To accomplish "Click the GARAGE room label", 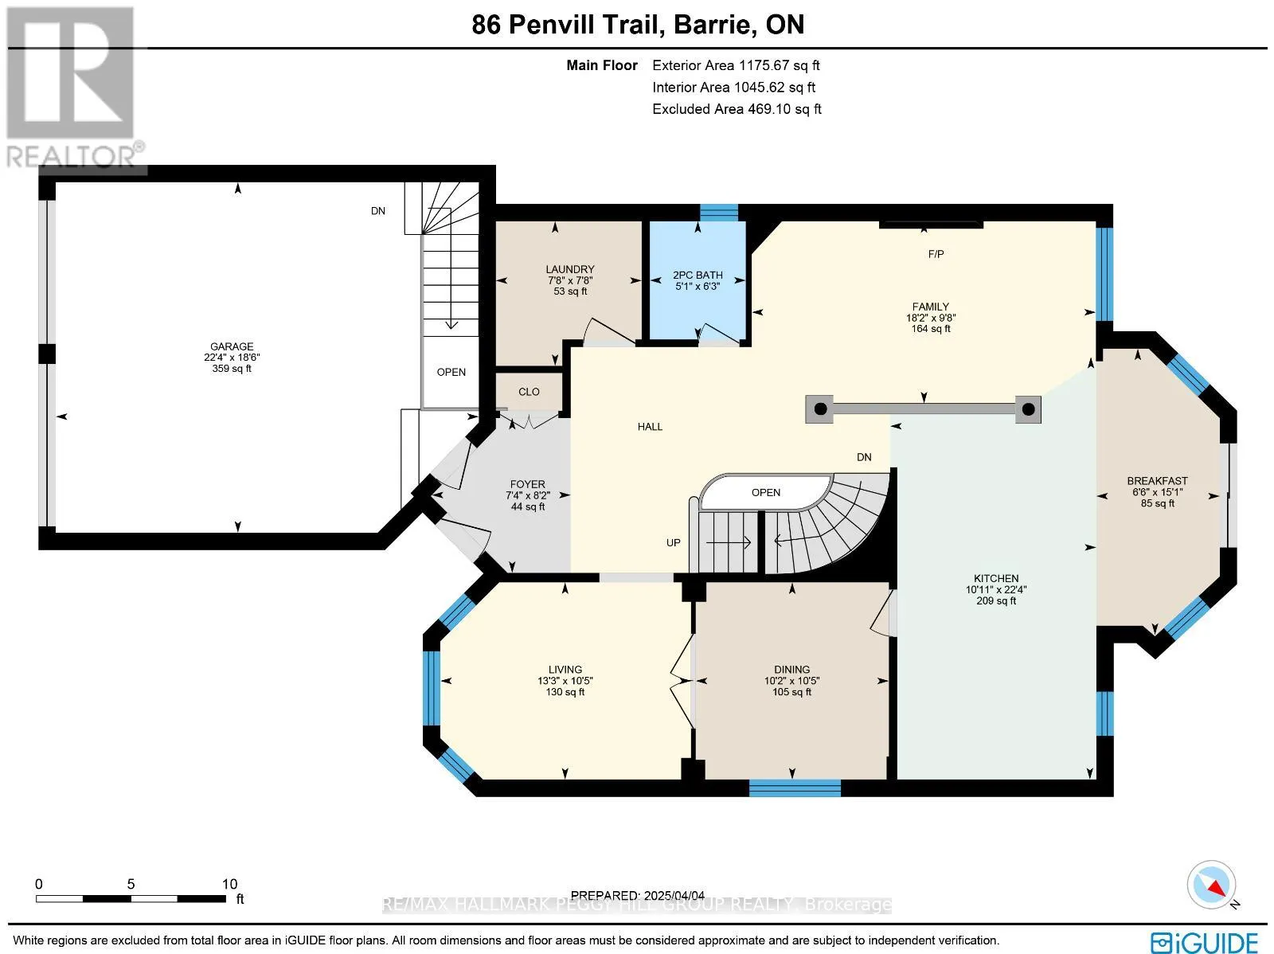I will (x=232, y=346).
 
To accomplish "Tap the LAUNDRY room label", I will (x=570, y=269).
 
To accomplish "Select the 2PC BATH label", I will (x=698, y=275).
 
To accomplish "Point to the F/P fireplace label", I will (x=936, y=254).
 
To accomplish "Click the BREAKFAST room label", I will (x=1157, y=481).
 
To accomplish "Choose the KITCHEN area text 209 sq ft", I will (x=996, y=601).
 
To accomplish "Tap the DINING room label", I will (x=791, y=670).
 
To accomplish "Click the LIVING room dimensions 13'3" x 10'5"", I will (x=565, y=681).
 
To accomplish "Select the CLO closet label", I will (x=529, y=392).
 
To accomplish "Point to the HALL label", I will (x=650, y=427).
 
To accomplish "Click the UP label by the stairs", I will (x=674, y=543).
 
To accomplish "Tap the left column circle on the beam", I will (x=821, y=409).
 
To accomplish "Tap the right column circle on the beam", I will (x=1028, y=409).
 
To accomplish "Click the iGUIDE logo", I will (x=1205, y=941).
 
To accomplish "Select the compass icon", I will (x=1212, y=885).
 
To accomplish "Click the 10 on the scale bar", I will (x=229, y=884).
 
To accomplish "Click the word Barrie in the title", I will (x=712, y=25).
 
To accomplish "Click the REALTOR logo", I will (x=73, y=88).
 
